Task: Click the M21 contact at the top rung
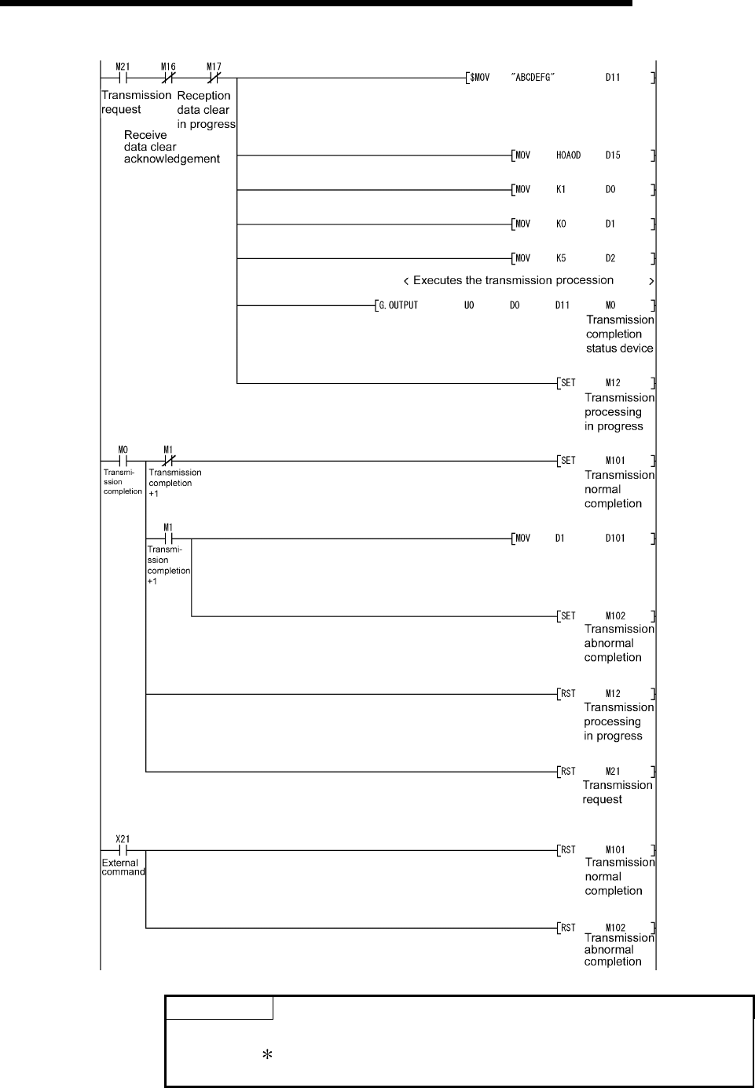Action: point(122,78)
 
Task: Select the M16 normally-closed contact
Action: point(168,78)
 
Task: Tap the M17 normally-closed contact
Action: point(214,78)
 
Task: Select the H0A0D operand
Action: point(568,155)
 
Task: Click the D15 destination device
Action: point(613,155)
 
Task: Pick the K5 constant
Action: point(561,258)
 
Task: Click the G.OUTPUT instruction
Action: point(398,305)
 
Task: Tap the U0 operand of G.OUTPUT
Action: point(468,305)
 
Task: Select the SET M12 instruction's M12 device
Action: point(613,383)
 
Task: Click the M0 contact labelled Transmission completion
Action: point(123,461)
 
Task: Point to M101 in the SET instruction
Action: point(615,461)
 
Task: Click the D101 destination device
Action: point(615,539)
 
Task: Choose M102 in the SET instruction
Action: point(615,616)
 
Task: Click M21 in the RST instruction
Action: point(613,772)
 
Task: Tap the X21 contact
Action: point(123,849)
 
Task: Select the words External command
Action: point(123,867)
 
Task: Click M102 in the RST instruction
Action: point(615,927)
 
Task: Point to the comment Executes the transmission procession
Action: point(513,280)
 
